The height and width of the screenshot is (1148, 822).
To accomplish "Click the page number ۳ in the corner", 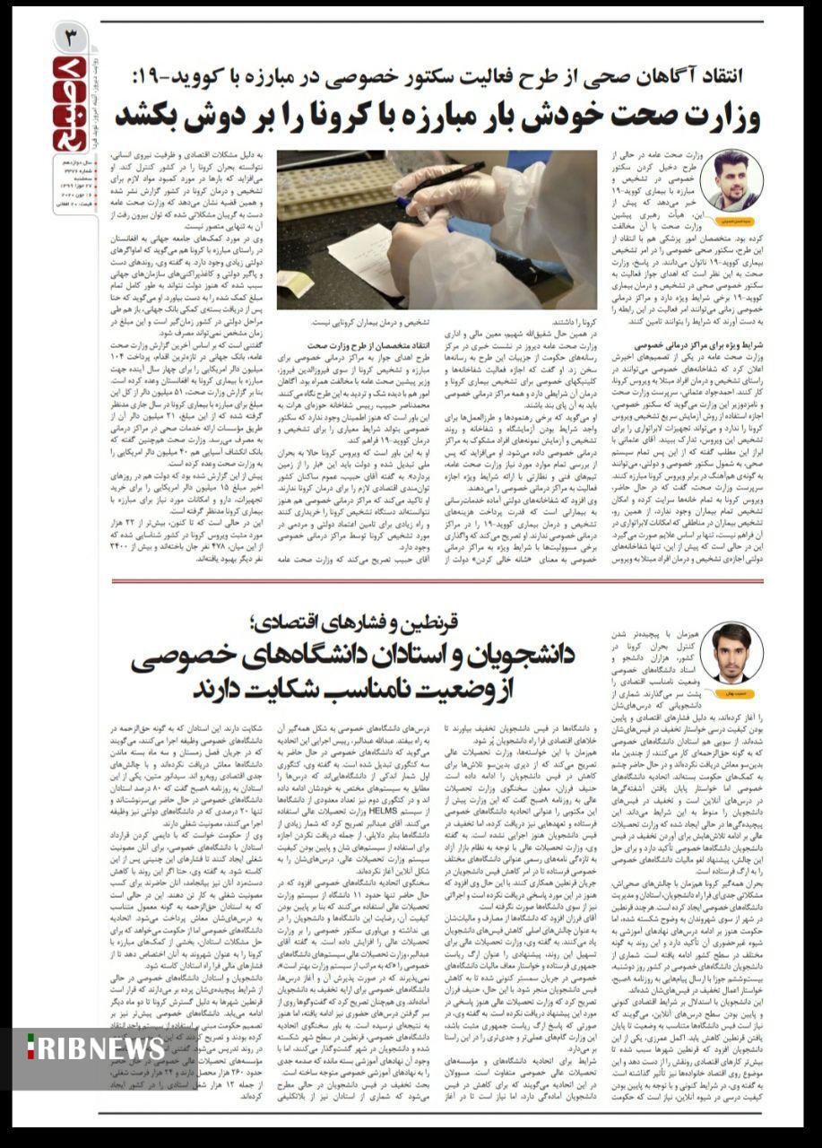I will pyautogui.click(x=70, y=38).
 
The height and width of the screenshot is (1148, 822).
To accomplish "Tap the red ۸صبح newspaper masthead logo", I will pyautogui.click(x=69, y=103).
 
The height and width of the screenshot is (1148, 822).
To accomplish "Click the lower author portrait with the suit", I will pyautogui.click(x=731, y=651).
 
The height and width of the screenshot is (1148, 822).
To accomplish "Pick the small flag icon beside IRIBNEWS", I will pyautogui.click(x=30, y=1048).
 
